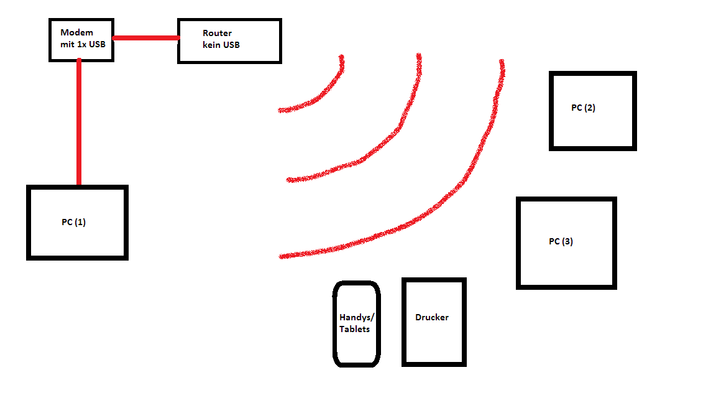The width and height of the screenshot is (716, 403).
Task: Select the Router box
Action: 229,41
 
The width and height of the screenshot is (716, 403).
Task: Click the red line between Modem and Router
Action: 145,39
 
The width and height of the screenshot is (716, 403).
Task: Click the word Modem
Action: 76,32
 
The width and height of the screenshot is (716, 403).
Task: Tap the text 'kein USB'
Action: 221,45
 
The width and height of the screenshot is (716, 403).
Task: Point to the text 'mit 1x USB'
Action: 82,44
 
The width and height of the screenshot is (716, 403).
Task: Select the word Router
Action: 217,33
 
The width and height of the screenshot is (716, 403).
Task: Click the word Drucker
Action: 432,317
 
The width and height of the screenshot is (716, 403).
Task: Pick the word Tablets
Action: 354,329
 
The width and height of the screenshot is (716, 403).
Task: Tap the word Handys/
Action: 357,317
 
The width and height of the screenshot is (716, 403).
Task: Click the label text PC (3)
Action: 561,241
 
